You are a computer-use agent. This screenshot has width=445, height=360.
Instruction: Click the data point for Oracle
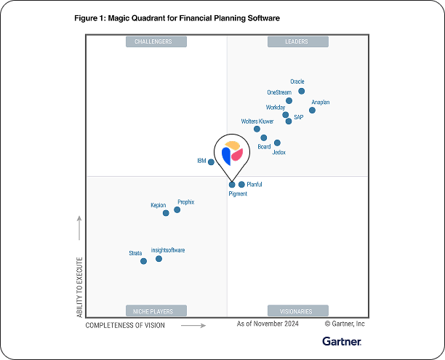(x=301, y=92)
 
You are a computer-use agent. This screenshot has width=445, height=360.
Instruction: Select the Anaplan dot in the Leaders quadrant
(x=312, y=111)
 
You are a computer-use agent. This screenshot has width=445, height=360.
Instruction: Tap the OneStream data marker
(x=289, y=100)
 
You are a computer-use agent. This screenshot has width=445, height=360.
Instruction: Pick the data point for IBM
(x=211, y=161)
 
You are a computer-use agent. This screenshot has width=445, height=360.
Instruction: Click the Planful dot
(x=241, y=185)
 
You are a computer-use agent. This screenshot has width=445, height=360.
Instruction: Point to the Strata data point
(x=143, y=261)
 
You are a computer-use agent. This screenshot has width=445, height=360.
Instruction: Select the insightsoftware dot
(x=159, y=259)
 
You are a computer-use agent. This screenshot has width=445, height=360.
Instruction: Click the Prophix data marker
(x=177, y=210)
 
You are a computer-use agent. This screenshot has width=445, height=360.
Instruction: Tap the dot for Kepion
(x=166, y=213)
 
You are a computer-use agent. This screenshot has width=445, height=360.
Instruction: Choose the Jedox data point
(x=277, y=143)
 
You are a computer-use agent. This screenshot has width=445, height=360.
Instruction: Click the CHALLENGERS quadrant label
(x=153, y=41)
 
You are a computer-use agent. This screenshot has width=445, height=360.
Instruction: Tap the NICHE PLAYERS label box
(x=153, y=310)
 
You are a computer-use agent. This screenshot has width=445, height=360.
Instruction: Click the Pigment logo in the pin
(x=233, y=153)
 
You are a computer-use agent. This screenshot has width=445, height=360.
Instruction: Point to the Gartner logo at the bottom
(x=342, y=341)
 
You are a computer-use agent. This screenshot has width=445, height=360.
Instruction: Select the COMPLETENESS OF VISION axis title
(x=125, y=326)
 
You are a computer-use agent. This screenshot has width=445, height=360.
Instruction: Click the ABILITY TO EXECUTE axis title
(x=80, y=286)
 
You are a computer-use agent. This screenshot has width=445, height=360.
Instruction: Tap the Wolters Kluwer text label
(x=257, y=121)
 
